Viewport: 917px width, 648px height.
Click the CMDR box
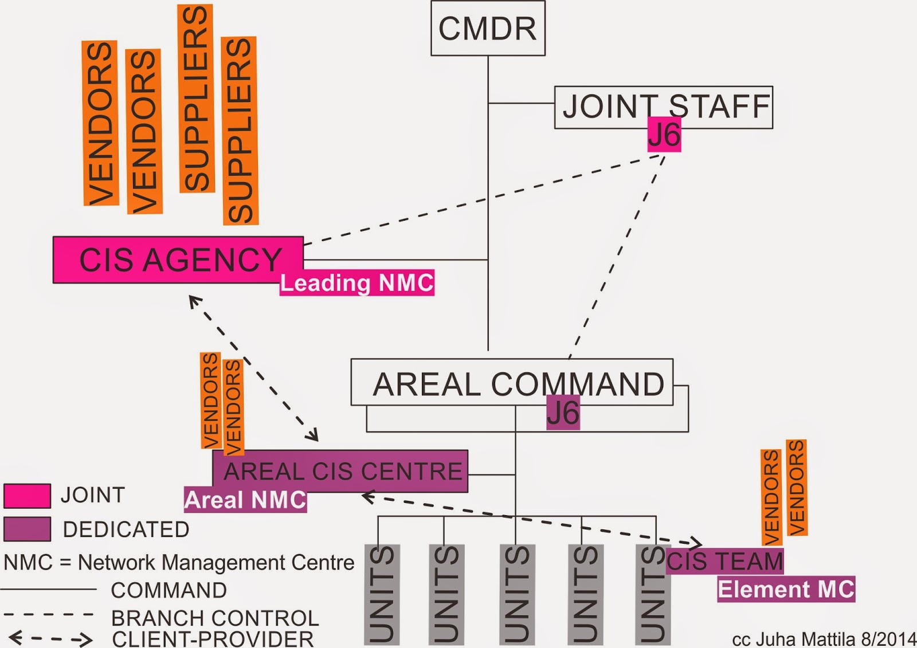pos(488,29)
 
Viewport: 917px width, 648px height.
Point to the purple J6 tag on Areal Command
pos(563,413)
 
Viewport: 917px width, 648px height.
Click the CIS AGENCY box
pos(178,260)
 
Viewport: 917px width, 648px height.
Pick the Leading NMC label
pos(356,283)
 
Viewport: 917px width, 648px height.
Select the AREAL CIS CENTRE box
pos(340,471)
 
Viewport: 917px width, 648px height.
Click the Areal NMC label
pos(245,500)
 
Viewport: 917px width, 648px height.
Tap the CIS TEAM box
pos(725,561)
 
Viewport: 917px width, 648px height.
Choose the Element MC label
pos(786,590)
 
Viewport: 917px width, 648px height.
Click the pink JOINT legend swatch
pos(27,496)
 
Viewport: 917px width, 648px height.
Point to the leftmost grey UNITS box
pos(382,594)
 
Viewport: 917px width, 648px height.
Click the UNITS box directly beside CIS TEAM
pos(653,594)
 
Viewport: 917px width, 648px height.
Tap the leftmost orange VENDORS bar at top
pos(100,123)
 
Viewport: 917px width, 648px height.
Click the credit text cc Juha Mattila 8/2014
pos(823,639)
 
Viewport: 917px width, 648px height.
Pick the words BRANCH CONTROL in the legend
pos(215,618)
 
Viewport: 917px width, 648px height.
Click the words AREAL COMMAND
pos(518,384)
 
